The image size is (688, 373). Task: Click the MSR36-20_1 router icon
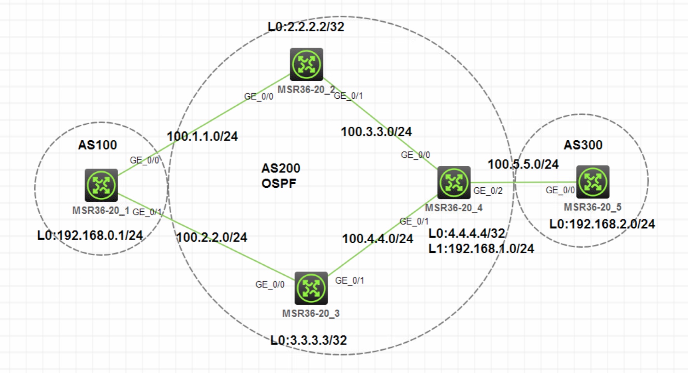click(x=101, y=185)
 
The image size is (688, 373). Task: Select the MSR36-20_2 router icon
click(x=306, y=64)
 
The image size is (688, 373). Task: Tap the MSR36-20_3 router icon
click(x=311, y=288)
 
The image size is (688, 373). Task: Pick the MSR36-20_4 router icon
click(x=454, y=182)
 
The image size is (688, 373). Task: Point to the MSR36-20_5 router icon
click(x=592, y=182)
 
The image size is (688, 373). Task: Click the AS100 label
click(x=98, y=145)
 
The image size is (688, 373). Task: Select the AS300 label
click(x=583, y=145)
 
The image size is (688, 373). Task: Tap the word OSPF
click(x=279, y=183)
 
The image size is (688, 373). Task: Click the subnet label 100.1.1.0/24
click(x=202, y=136)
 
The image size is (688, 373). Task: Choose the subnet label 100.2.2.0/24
click(x=212, y=237)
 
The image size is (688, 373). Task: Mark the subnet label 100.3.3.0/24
click(x=376, y=132)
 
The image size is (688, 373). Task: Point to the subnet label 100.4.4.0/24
click(x=377, y=239)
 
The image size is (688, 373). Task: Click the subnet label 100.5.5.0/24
click(x=523, y=164)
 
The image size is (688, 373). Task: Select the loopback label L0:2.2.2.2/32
click(x=306, y=27)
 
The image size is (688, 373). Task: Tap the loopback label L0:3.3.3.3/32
click(x=309, y=340)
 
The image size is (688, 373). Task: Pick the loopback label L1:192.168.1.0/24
click(x=481, y=249)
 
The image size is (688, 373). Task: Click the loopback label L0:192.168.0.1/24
click(x=90, y=235)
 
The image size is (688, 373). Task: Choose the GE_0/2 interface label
click(x=488, y=191)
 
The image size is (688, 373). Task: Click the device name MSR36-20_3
click(x=311, y=313)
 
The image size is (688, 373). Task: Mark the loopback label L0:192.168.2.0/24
click(x=602, y=224)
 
